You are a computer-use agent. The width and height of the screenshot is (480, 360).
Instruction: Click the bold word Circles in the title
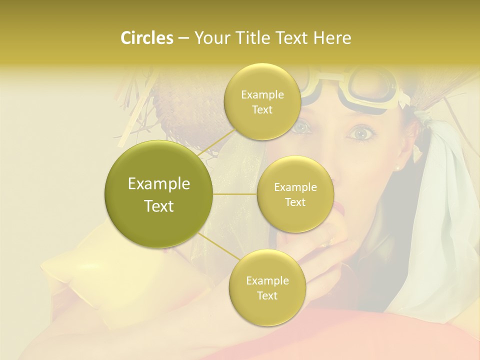point(146,38)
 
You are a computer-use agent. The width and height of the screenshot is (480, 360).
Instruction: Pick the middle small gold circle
point(295,194)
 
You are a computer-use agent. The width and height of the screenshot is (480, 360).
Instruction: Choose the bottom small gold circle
point(267,287)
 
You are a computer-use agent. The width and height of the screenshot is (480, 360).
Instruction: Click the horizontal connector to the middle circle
point(235,194)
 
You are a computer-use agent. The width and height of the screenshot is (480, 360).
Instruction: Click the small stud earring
point(398,168)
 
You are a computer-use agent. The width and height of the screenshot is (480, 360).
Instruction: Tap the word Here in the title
point(333,38)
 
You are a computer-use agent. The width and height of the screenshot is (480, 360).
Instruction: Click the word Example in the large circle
point(159,184)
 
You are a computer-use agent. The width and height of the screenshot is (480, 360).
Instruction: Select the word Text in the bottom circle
point(267,295)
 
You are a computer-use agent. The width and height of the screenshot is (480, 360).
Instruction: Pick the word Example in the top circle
point(262,95)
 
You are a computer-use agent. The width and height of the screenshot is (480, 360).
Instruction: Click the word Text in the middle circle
point(295,202)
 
